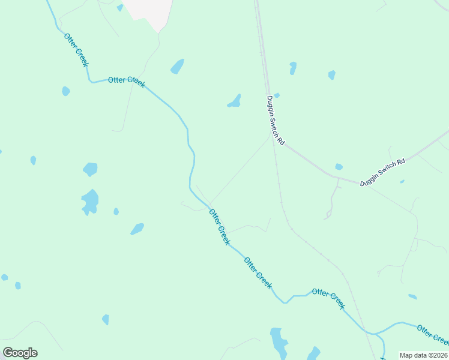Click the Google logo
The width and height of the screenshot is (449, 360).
pyautogui.click(x=20, y=353)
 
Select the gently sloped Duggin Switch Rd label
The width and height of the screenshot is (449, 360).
pyautogui.click(x=383, y=172)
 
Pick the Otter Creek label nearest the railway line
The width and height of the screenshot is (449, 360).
pyautogui.click(x=328, y=298)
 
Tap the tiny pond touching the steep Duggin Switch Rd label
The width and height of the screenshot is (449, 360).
pyautogui.click(x=277, y=95)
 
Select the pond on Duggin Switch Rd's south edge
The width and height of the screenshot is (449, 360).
pyautogui.click(x=339, y=167)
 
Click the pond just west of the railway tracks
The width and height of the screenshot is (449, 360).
pyautogui.click(x=234, y=101)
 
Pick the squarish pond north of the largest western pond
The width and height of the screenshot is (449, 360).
pyautogui.click(x=90, y=169)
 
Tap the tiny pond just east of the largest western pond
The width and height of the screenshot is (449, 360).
pyautogui.click(x=116, y=211)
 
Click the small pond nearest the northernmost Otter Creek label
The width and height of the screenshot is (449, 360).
pyautogui.click(x=65, y=91)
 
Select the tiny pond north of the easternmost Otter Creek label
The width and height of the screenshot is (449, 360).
pyautogui.click(x=412, y=296)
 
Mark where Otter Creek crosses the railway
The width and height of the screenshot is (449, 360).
pyautogui.click(x=367, y=332)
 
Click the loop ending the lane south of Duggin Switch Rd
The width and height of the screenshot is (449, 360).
pyautogui.click(x=328, y=214)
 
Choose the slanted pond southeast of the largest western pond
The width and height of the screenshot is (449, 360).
pyautogui.click(x=137, y=229)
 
